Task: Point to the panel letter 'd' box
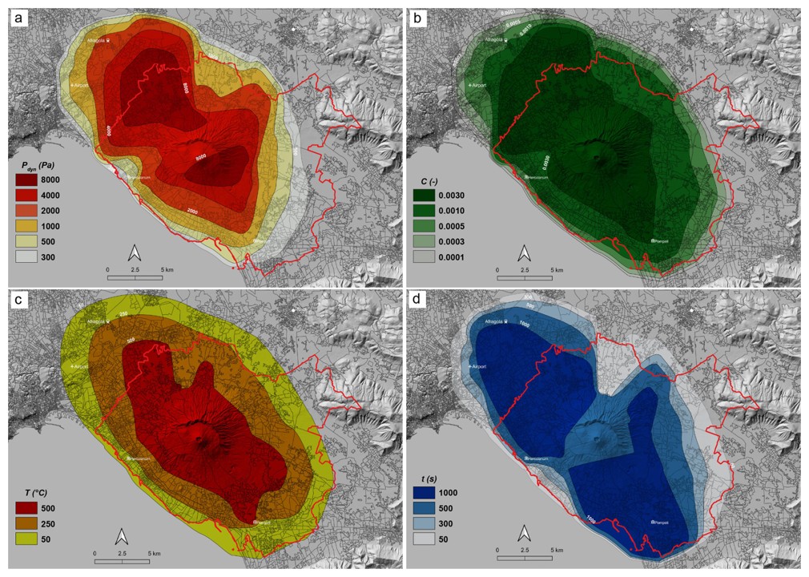click(x=417, y=301)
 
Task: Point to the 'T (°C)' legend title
click(x=32, y=491)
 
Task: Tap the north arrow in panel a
click(x=135, y=253)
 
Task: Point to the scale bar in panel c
click(x=123, y=560)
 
